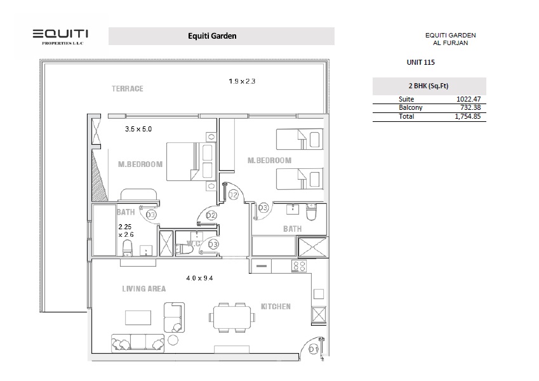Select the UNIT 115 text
[x=420, y=63]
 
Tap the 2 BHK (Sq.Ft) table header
[x=429, y=86]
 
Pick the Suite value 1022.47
[x=469, y=99]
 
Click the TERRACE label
[x=127, y=88]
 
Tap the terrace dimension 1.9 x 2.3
[x=242, y=81]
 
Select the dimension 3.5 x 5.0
[x=138, y=129]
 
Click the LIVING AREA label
[x=143, y=289]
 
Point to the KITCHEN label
[x=276, y=307]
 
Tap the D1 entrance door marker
[x=313, y=349]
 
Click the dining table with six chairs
[x=230, y=316]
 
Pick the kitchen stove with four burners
[x=299, y=265]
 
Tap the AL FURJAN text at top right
[x=450, y=43]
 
